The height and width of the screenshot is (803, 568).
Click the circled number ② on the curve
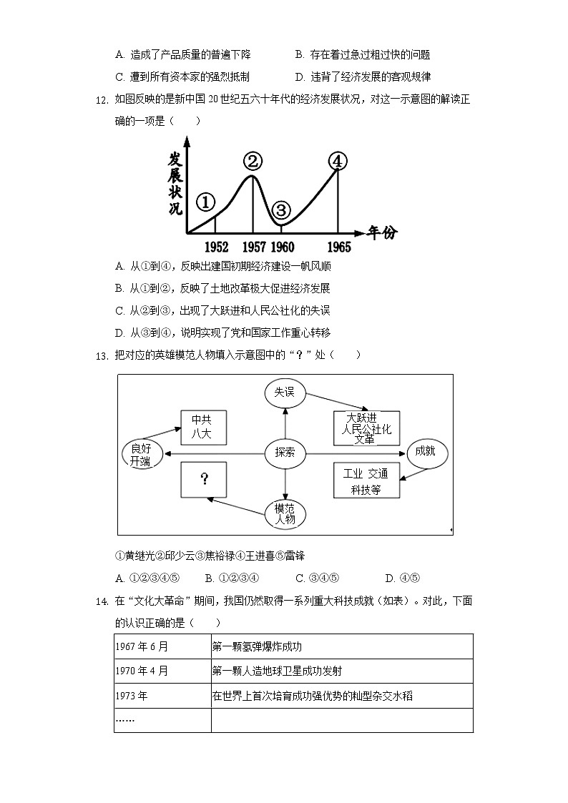(x=252, y=162)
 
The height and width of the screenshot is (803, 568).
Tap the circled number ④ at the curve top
(x=338, y=162)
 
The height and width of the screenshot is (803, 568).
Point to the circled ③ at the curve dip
(x=281, y=210)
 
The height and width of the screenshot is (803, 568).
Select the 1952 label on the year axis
(x=216, y=247)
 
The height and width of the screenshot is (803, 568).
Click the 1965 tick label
(x=339, y=247)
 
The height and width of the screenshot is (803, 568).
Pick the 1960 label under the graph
(x=283, y=247)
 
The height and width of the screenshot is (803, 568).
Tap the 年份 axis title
(x=382, y=232)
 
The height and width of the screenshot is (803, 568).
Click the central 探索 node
(x=285, y=453)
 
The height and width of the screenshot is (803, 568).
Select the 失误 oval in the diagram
(x=285, y=392)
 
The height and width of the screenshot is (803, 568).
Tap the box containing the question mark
(x=204, y=479)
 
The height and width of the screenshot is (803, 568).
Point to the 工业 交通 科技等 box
(x=366, y=481)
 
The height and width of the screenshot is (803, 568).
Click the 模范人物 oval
(x=285, y=513)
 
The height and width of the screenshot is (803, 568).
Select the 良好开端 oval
(x=141, y=453)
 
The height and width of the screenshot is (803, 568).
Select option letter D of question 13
(x=390, y=578)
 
